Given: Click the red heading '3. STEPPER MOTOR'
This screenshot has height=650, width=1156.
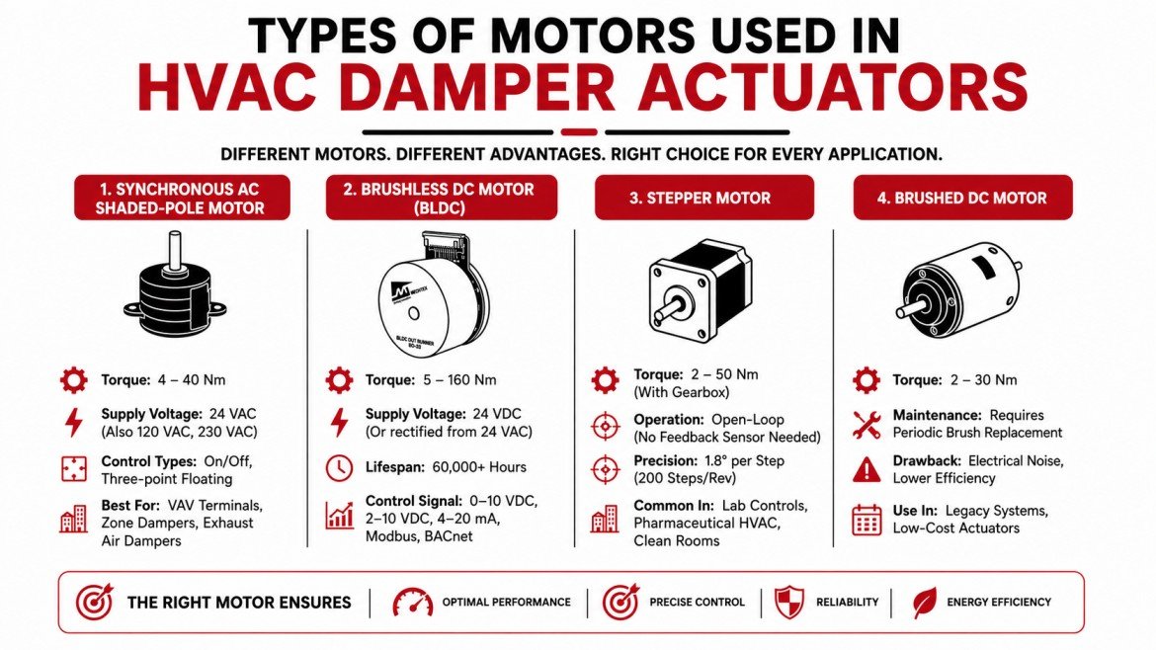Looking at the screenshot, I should coord(702,198).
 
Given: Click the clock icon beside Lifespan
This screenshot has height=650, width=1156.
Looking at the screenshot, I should coord(338,467).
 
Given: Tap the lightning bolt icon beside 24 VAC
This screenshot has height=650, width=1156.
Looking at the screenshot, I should coord(74,423).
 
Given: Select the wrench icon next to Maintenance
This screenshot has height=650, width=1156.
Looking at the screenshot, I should coord(866,425).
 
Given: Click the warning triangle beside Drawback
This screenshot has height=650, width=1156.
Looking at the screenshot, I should coord(866,469).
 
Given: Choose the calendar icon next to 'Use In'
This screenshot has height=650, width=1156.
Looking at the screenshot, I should coord(866,520).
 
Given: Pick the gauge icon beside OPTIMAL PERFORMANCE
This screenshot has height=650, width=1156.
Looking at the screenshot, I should coord(413,602).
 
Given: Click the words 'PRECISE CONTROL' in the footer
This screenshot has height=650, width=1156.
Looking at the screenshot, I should coord(697,602).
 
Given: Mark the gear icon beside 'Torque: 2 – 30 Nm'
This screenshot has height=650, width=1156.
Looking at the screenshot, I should coord(866,380).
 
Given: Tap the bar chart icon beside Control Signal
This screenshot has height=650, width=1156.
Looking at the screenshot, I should coord(338,514).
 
